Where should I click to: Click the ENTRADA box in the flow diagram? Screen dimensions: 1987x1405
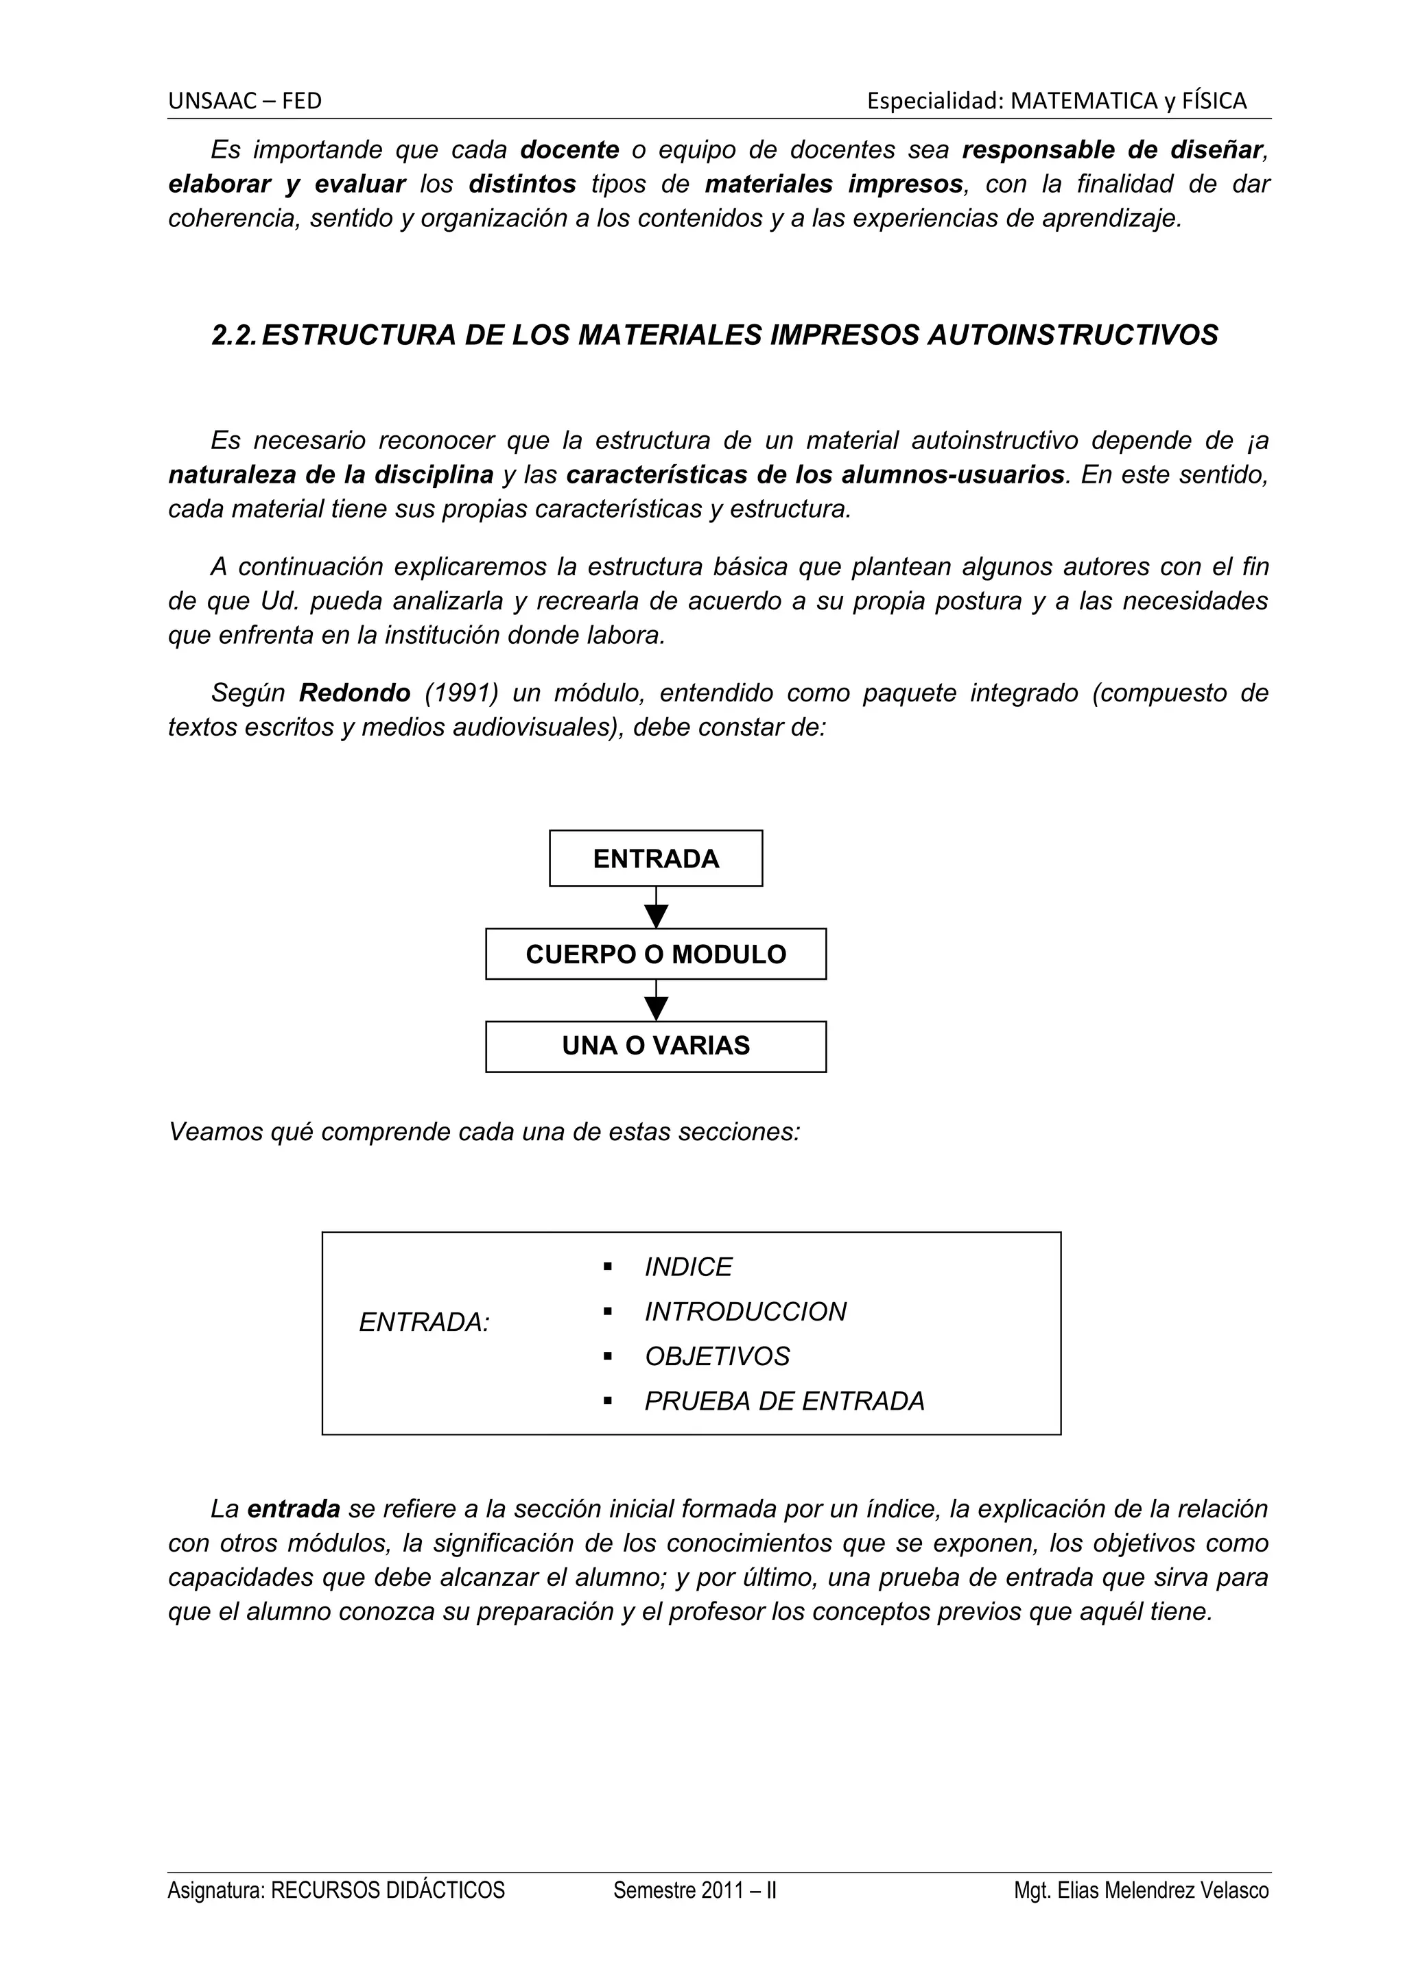pyautogui.click(x=655, y=858)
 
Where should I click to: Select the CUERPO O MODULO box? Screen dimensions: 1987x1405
pyautogui.click(x=655, y=954)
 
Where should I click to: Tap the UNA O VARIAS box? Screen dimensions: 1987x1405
pyautogui.click(x=655, y=1046)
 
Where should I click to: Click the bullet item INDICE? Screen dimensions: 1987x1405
pyautogui.click(x=687, y=1267)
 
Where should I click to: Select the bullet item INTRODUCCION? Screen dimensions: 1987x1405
pyautogui.click(x=744, y=1312)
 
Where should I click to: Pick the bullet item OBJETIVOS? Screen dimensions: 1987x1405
pyautogui.click(x=717, y=1356)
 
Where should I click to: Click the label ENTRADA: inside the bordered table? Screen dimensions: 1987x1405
pyautogui.click(x=424, y=1323)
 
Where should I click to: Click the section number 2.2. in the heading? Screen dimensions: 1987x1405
pyautogui.click(x=234, y=335)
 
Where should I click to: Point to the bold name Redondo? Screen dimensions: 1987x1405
pyautogui.click(x=355, y=693)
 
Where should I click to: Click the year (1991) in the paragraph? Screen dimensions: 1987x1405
pyautogui.click(x=462, y=693)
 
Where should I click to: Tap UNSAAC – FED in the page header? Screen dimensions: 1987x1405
pyautogui.click(x=245, y=101)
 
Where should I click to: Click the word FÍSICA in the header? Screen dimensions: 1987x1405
pyautogui.click(x=1216, y=101)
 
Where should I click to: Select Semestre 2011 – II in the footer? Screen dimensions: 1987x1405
pyautogui.click(x=694, y=1891)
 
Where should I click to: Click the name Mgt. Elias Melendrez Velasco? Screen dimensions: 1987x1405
pyautogui.click(x=1141, y=1891)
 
